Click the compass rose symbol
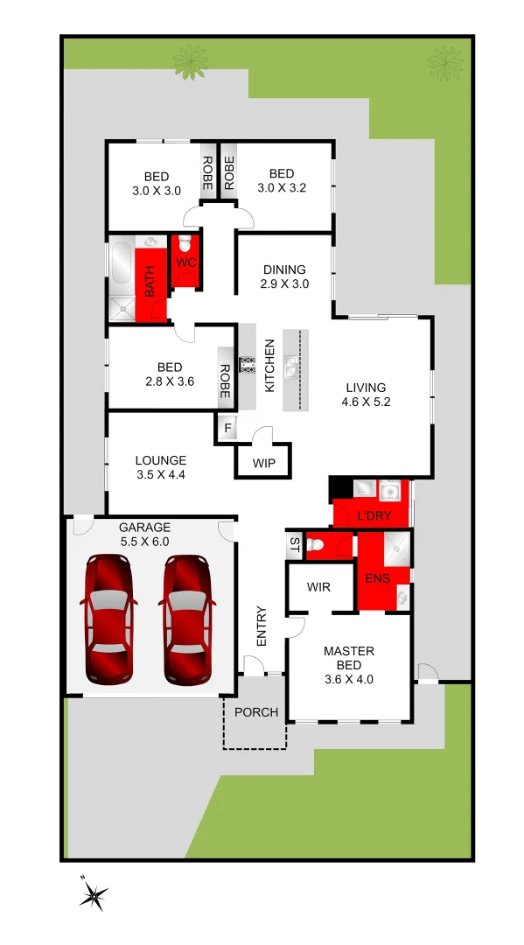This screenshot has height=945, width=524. click(94, 894)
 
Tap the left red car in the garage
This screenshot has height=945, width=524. click(107, 619)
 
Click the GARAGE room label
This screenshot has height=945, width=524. click(144, 528)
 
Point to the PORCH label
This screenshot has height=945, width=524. click(256, 712)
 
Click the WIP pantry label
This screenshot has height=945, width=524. click(263, 462)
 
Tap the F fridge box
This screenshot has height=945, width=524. click(227, 429)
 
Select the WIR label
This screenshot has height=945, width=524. click(319, 586)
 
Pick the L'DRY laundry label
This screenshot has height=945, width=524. click(374, 516)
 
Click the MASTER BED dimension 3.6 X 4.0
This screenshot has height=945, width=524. click(349, 678)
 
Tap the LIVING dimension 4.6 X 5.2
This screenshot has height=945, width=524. click(366, 402)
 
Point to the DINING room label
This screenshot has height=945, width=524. click(284, 269)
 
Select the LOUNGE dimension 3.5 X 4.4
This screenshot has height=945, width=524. click(160, 475)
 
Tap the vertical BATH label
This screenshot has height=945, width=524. click(150, 281)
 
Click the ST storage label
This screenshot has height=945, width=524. click(293, 546)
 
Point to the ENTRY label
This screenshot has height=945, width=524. click(261, 626)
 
